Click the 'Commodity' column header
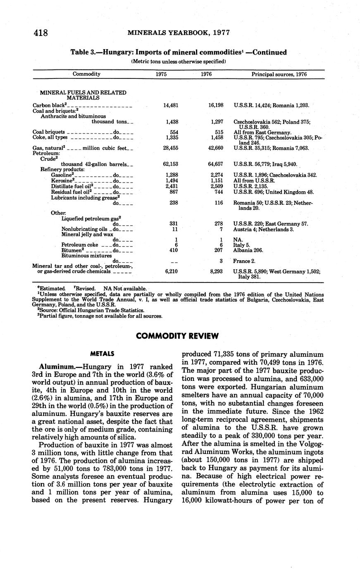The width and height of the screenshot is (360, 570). click(x=86, y=74)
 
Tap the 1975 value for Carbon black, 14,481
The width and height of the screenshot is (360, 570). click(x=171, y=105)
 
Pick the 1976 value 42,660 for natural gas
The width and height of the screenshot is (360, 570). click(x=216, y=147)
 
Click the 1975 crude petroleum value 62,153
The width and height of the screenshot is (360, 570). click(x=170, y=164)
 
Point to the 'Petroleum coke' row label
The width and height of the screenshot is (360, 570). click(x=80, y=245)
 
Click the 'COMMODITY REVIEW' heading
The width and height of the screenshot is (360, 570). click(x=177, y=336)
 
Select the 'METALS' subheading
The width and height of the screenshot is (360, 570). click(x=102, y=354)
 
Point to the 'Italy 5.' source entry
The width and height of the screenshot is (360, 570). click(x=242, y=245)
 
